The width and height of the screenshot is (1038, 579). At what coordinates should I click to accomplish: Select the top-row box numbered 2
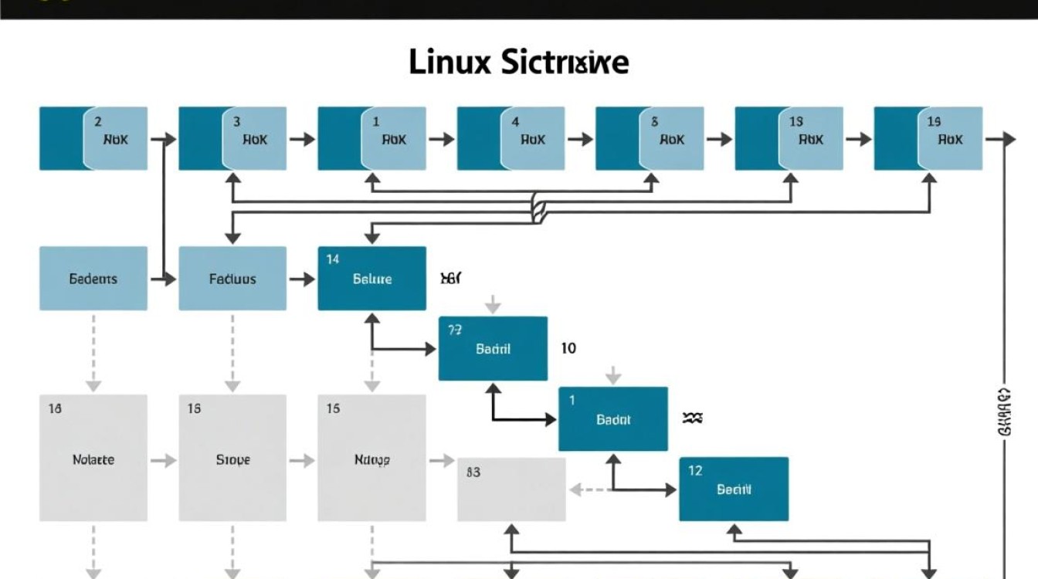pos(93,138)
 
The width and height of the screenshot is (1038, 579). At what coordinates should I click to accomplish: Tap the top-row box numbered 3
pos(232,138)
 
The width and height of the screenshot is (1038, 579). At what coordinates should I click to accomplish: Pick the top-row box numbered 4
pos(511,138)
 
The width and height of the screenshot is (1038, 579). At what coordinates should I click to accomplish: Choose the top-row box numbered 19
pos(928,138)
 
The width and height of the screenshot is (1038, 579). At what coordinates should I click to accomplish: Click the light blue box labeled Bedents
pos(93,279)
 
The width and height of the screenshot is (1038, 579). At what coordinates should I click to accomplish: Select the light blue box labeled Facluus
pos(232,279)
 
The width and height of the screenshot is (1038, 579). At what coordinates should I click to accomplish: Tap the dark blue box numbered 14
pos(371,279)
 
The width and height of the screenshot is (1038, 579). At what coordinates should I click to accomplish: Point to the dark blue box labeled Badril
pos(493,348)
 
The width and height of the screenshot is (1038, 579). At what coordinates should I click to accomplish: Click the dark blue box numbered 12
pos(734,489)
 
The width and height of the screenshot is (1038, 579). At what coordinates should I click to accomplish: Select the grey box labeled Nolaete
pos(93,458)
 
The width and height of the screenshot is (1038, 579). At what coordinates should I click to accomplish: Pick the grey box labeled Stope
pos(232,458)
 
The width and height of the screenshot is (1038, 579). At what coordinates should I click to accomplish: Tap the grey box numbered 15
pos(371,458)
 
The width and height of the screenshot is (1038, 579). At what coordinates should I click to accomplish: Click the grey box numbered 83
pos(511,489)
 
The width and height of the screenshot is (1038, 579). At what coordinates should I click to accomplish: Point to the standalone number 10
pos(568,348)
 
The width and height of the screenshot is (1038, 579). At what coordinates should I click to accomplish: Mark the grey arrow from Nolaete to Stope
pos(163,461)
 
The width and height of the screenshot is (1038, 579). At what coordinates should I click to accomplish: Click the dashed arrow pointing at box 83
pos(585,489)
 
